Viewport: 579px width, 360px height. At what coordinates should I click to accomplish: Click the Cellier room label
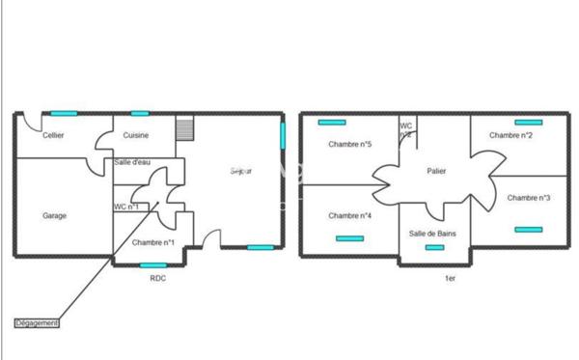tap(54, 136)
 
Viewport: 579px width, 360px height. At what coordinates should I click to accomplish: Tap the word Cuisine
tap(136, 136)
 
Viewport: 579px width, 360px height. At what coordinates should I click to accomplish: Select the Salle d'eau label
tap(131, 162)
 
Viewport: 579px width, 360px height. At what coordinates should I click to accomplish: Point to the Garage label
tap(54, 216)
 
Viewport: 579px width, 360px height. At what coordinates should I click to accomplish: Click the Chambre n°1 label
tap(152, 242)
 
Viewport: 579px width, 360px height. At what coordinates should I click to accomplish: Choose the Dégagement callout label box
tap(38, 323)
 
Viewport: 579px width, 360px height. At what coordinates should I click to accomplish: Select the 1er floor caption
tap(449, 278)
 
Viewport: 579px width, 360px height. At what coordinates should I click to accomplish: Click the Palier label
tap(437, 171)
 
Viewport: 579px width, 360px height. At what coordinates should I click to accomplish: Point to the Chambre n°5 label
tap(350, 145)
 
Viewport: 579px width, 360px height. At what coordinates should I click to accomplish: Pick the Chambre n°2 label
tap(511, 136)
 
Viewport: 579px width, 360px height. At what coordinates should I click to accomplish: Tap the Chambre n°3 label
tap(529, 198)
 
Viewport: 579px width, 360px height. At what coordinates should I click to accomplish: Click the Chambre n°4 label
tap(350, 215)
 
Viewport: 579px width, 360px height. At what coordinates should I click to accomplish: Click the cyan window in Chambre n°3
tap(528, 230)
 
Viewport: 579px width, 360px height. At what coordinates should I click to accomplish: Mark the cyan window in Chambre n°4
tap(349, 238)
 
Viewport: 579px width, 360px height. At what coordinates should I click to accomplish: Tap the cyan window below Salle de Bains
tap(435, 248)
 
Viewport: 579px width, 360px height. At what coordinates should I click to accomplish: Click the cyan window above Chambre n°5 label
tap(332, 123)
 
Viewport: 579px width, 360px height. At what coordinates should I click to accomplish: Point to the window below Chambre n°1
tap(153, 264)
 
